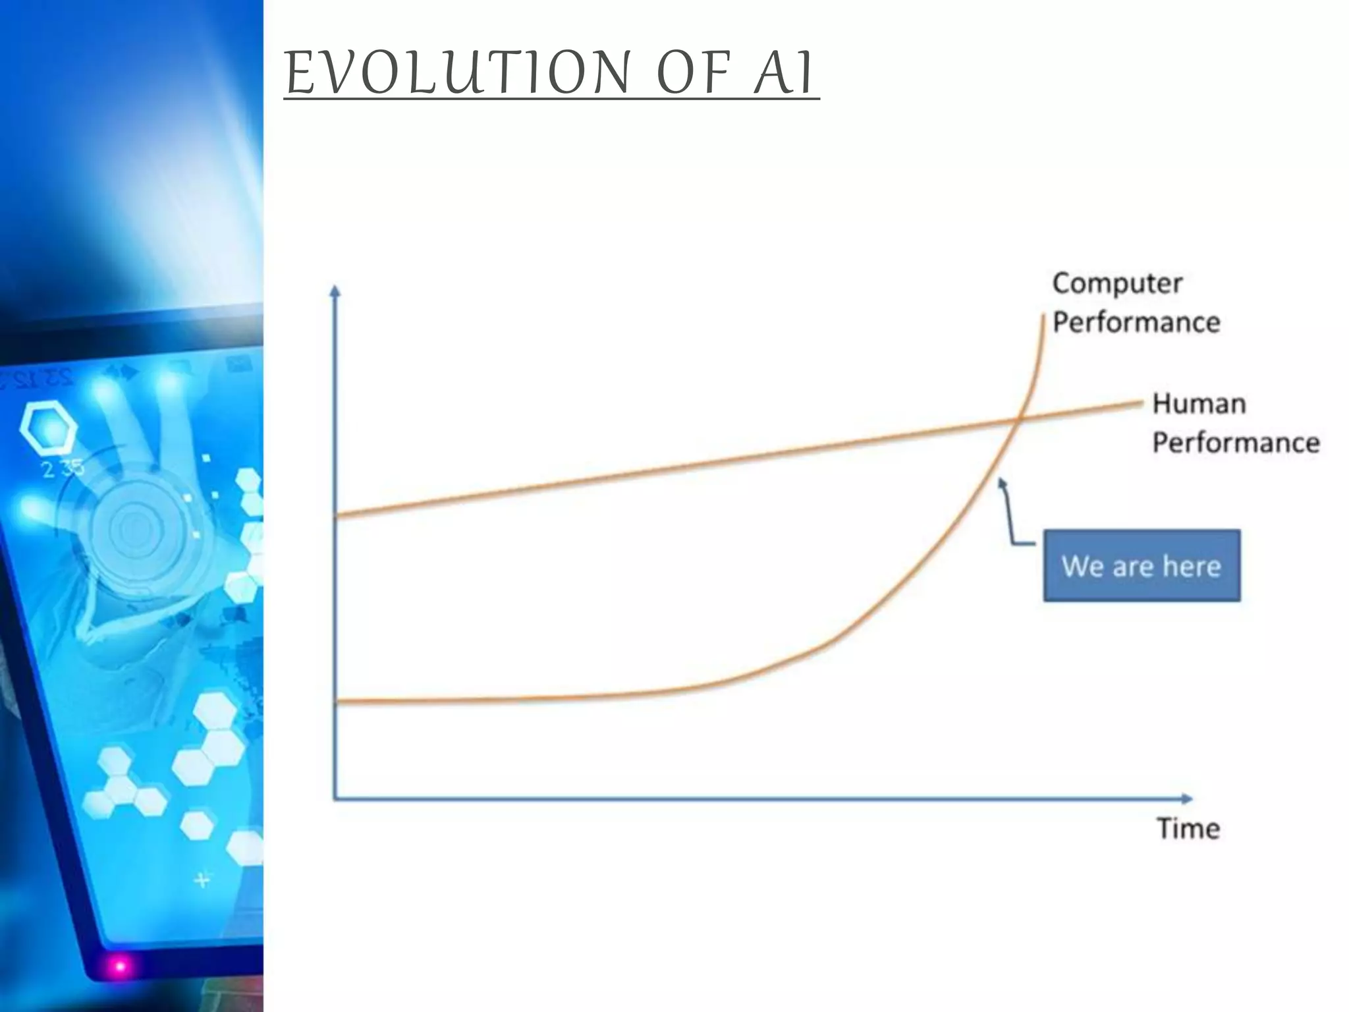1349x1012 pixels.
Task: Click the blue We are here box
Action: (1142, 565)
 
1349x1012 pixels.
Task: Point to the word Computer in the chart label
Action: (1117, 283)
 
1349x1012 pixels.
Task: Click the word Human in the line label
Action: (1199, 403)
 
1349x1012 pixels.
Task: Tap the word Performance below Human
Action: (1236, 442)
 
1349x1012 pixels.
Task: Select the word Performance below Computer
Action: (1136, 322)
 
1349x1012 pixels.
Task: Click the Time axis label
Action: (1188, 828)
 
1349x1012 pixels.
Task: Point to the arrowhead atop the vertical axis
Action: (335, 290)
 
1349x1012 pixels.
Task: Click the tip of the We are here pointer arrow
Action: (1001, 482)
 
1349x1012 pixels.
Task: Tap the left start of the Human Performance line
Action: (338, 516)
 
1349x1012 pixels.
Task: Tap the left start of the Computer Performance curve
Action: (338, 702)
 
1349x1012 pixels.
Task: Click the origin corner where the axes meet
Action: (335, 799)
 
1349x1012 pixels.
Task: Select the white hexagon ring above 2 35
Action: (48, 429)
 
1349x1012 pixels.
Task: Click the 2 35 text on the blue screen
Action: (63, 468)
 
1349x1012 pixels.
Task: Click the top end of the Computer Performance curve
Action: (1045, 317)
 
